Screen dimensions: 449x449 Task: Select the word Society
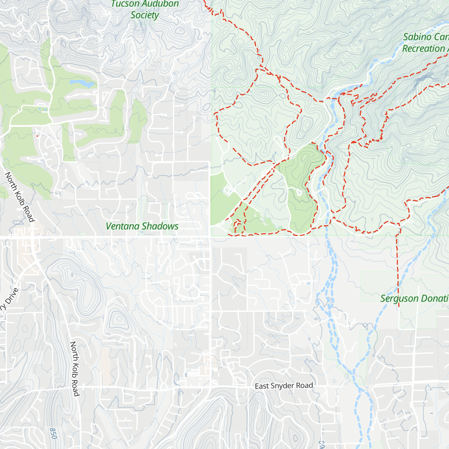pos(145,15)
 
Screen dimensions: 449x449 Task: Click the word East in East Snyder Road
pos(262,386)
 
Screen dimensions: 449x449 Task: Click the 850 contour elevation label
pos(53,433)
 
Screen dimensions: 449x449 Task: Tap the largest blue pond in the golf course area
pos(81,83)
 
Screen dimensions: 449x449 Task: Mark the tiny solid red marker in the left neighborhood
pos(37,136)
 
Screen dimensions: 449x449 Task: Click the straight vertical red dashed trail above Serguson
pos(397,269)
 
